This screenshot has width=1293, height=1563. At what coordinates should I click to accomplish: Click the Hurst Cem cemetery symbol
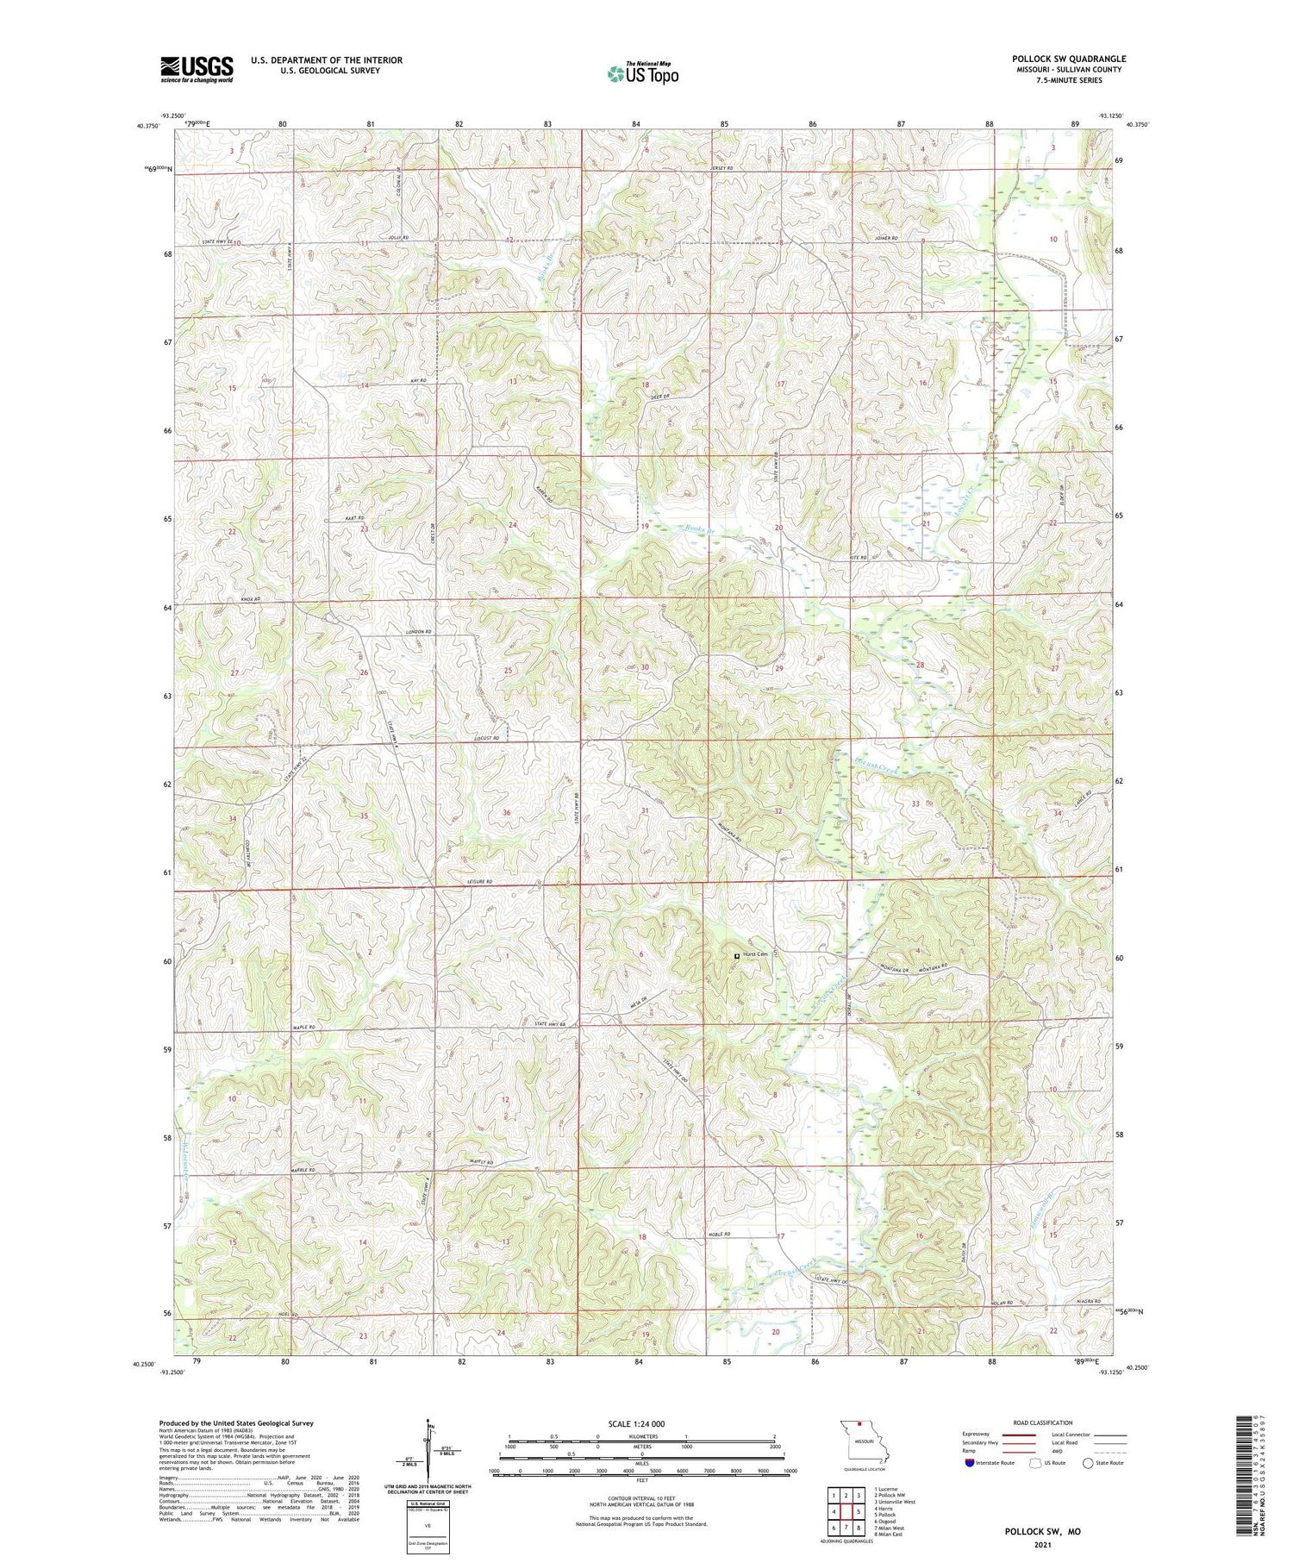pyautogui.click(x=735, y=956)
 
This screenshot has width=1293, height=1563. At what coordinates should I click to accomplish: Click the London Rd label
pyautogui.click(x=418, y=633)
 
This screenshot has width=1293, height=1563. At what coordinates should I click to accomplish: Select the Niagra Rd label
pyautogui.click(x=1089, y=1301)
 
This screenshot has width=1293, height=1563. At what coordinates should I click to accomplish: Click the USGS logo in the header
pyautogui.click(x=197, y=69)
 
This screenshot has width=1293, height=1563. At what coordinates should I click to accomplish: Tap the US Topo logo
pyautogui.click(x=642, y=73)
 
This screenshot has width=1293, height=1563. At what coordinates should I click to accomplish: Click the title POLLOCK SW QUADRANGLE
pyautogui.click(x=1069, y=59)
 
